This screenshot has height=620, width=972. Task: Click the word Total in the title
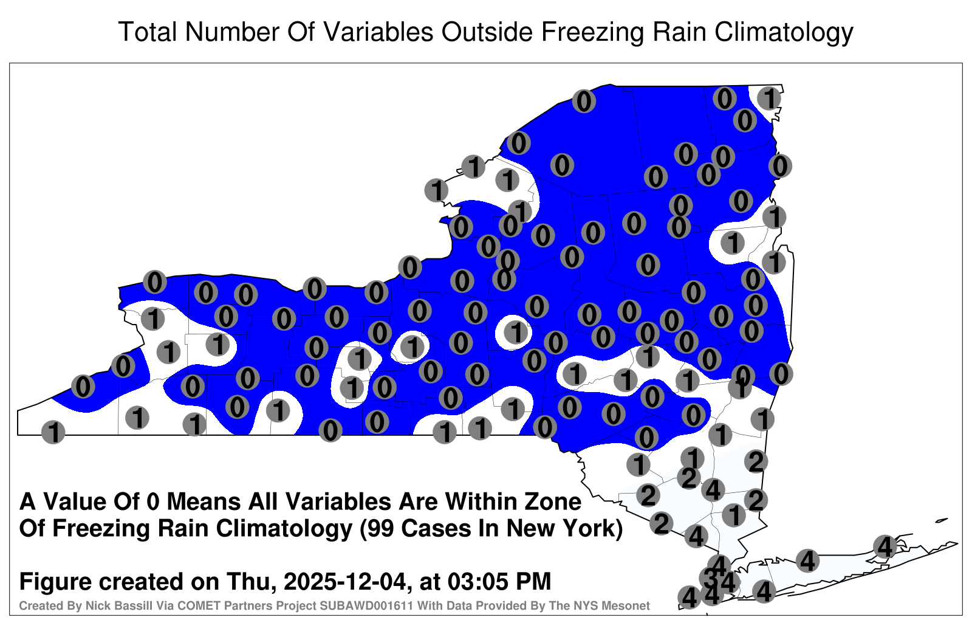[x=147, y=32]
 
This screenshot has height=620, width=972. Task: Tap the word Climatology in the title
[x=784, y=33]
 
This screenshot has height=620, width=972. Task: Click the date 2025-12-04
[x=347, y=582]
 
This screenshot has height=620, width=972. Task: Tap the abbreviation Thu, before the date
[x=252, y=582]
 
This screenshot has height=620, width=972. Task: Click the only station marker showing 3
[x=710, y=578]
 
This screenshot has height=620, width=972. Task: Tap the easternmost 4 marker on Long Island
[x=885, y=546]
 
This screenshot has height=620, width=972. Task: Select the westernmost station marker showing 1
[x=53, y=432]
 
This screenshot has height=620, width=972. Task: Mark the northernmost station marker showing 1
[x=769, y=98]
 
